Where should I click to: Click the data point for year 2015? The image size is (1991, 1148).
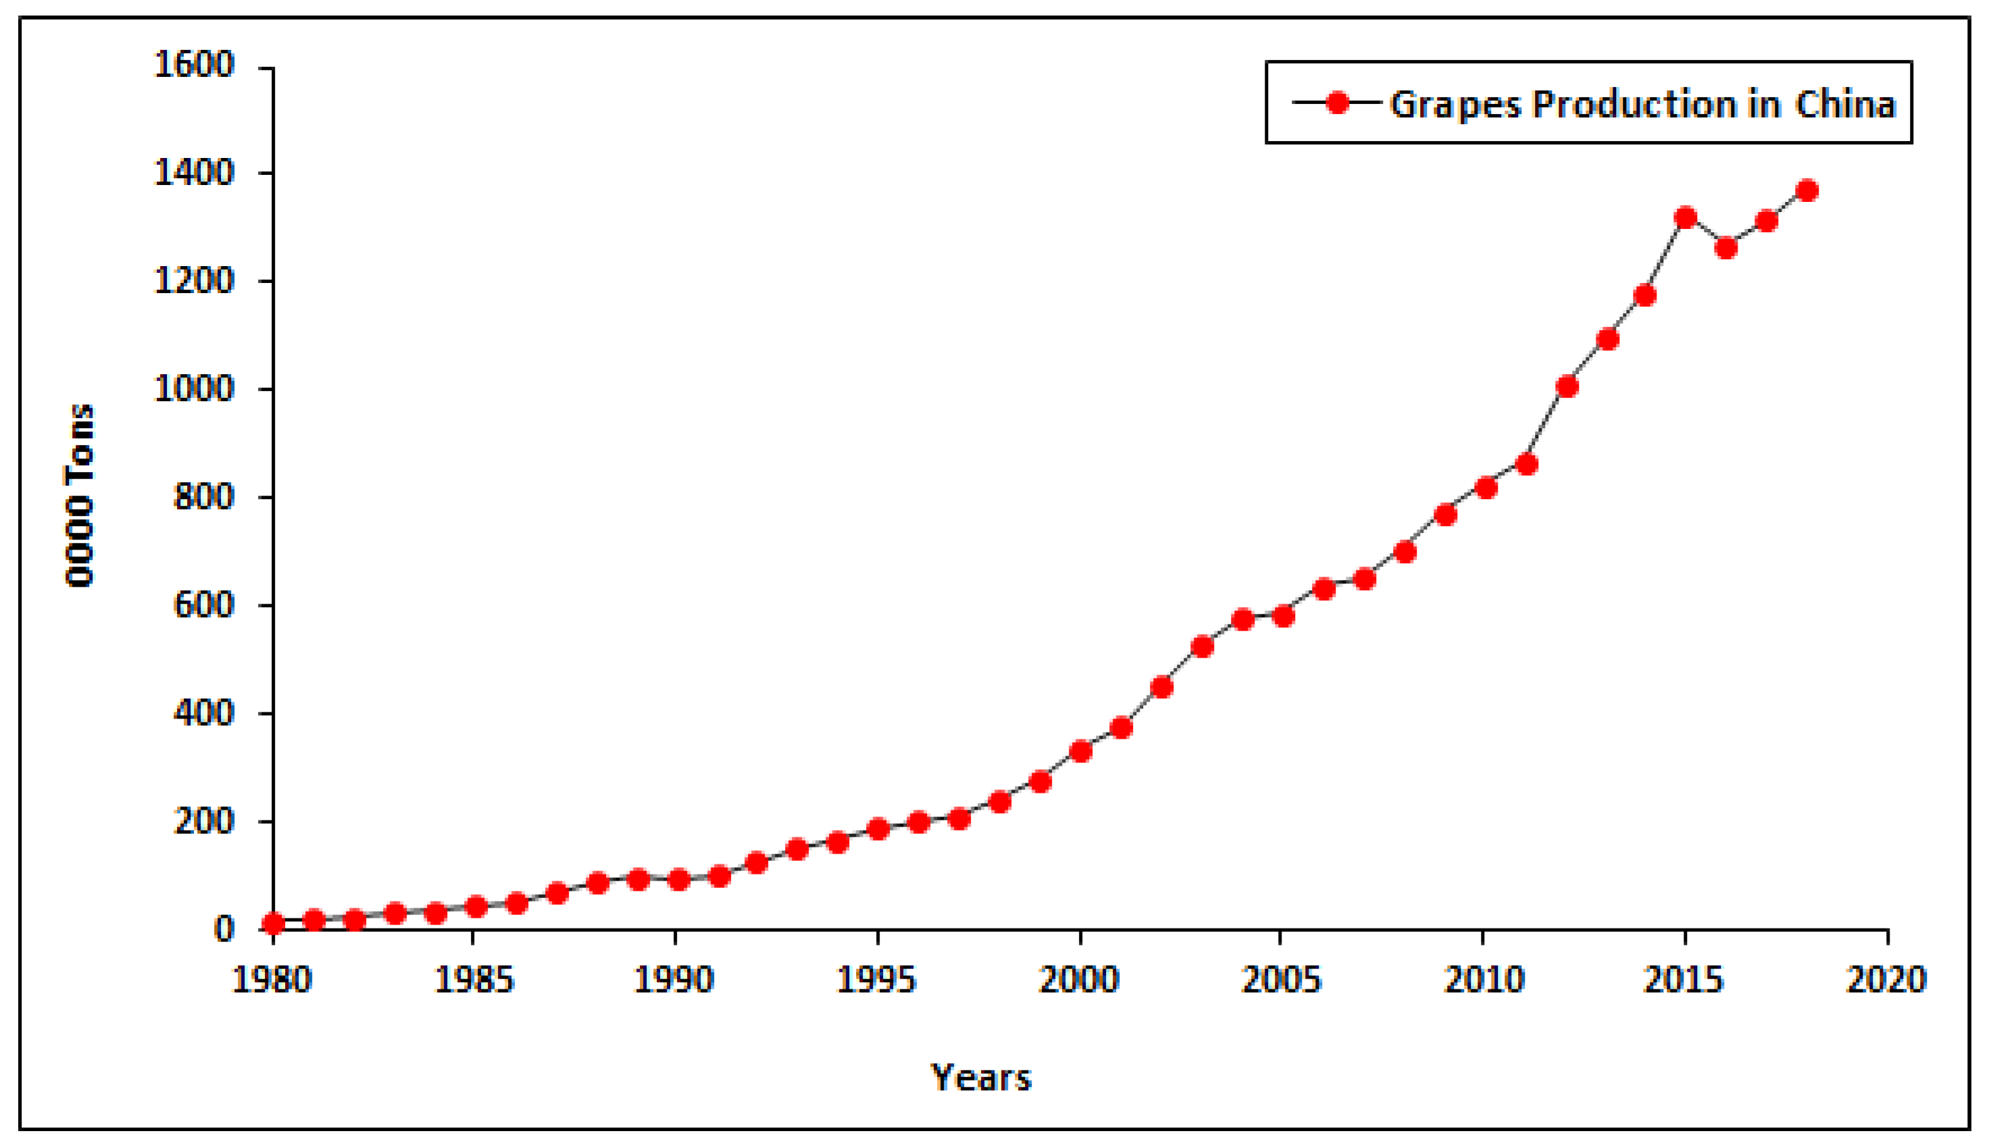(1685, 217)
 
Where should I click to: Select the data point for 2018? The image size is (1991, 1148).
(1807, 191)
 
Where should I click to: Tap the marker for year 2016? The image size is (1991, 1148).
(1726, 248)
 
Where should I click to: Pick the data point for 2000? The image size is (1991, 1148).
(1080, 751)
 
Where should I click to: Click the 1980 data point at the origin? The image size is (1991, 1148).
(273, 923)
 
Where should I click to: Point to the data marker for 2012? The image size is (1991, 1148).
(1567, 386)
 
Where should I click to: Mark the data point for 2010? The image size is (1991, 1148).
(1486, 488)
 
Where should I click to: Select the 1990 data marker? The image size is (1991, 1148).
(678, 879)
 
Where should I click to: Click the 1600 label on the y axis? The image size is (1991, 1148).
(194, 65)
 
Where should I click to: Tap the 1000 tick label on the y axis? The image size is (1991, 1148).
(194, 389)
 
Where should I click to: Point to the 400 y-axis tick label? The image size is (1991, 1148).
(203, 714)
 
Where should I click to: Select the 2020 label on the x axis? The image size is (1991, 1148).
(1886, 980)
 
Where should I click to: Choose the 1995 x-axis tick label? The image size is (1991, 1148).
(876, 980)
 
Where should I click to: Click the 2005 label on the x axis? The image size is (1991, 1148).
(1280, 980)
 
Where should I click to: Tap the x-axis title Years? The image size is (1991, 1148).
(980, 1078)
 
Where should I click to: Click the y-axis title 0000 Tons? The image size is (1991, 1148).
(79, 496)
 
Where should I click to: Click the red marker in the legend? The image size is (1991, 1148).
(1337, 103)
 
